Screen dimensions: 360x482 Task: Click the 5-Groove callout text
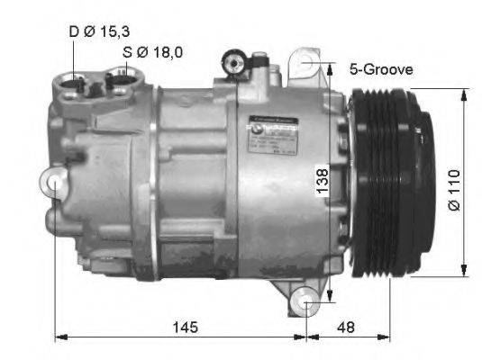point(380,67)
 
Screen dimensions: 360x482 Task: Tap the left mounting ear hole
point(56,184)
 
